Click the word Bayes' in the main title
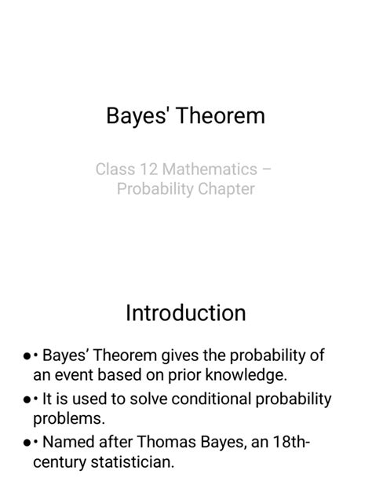[x=139, y=116]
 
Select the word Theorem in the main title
[x=221, y=116]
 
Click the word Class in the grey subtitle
[x=115, y=169]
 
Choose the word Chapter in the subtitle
[x=226, y=189]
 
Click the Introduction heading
[x=186, y=313]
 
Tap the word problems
[x=68, y=418]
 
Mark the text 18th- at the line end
[x=290, y=442]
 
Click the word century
[x=61, y=462]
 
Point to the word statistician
[x=134, y=462]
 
